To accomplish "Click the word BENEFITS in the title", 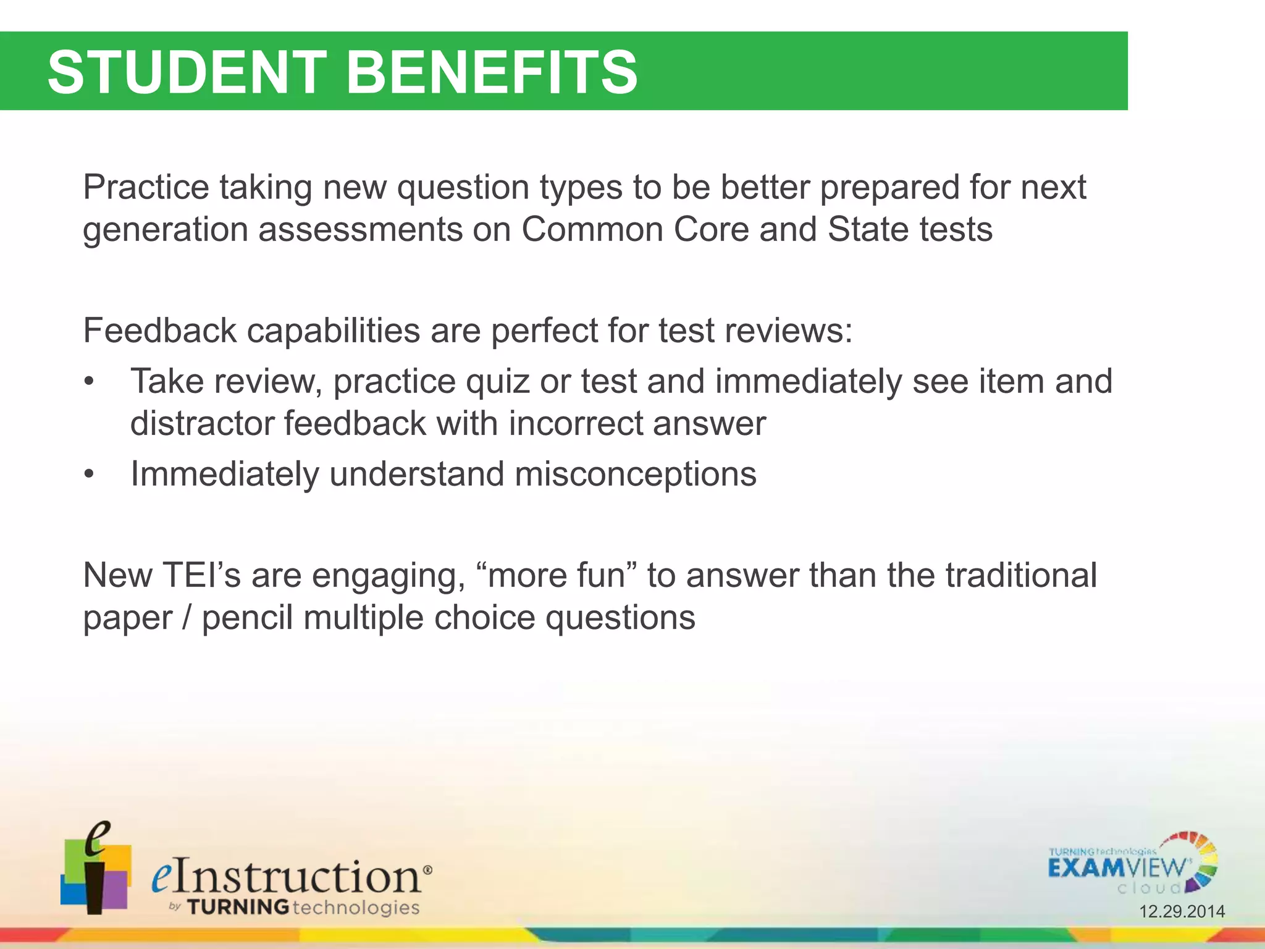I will click(492, 72).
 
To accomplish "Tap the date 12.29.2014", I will click(1182, 911).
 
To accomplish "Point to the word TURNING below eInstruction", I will click(238, 908).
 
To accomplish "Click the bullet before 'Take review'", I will click(90, 382).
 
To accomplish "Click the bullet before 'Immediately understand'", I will click(90, 475).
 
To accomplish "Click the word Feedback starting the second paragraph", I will click(159, 331).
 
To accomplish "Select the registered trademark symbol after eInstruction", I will click(427, 869).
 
